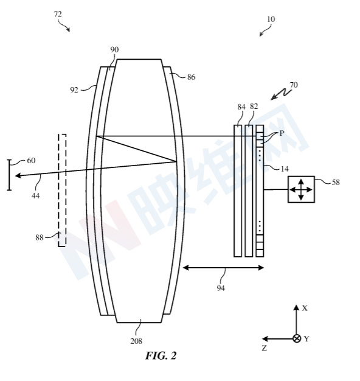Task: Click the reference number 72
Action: pyautogui.click(x=58, y=15)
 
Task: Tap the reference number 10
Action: pyautogui.click(x=271, y=19)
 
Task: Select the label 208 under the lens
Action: pyautogui.click(x=136, y=341)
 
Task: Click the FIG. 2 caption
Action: pyautogui.click(x=161, y=355)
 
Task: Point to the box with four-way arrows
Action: pyautogui.click(x=301, y=189)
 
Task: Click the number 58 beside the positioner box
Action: pyautogui.click(x=336, y=182)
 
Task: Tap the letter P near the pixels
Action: pyautogui.click(x=282, y=133)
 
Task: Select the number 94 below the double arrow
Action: pyautogui.click(x=221, y=288)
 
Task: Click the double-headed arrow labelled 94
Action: pyautogui.click(x=223, y=268)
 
